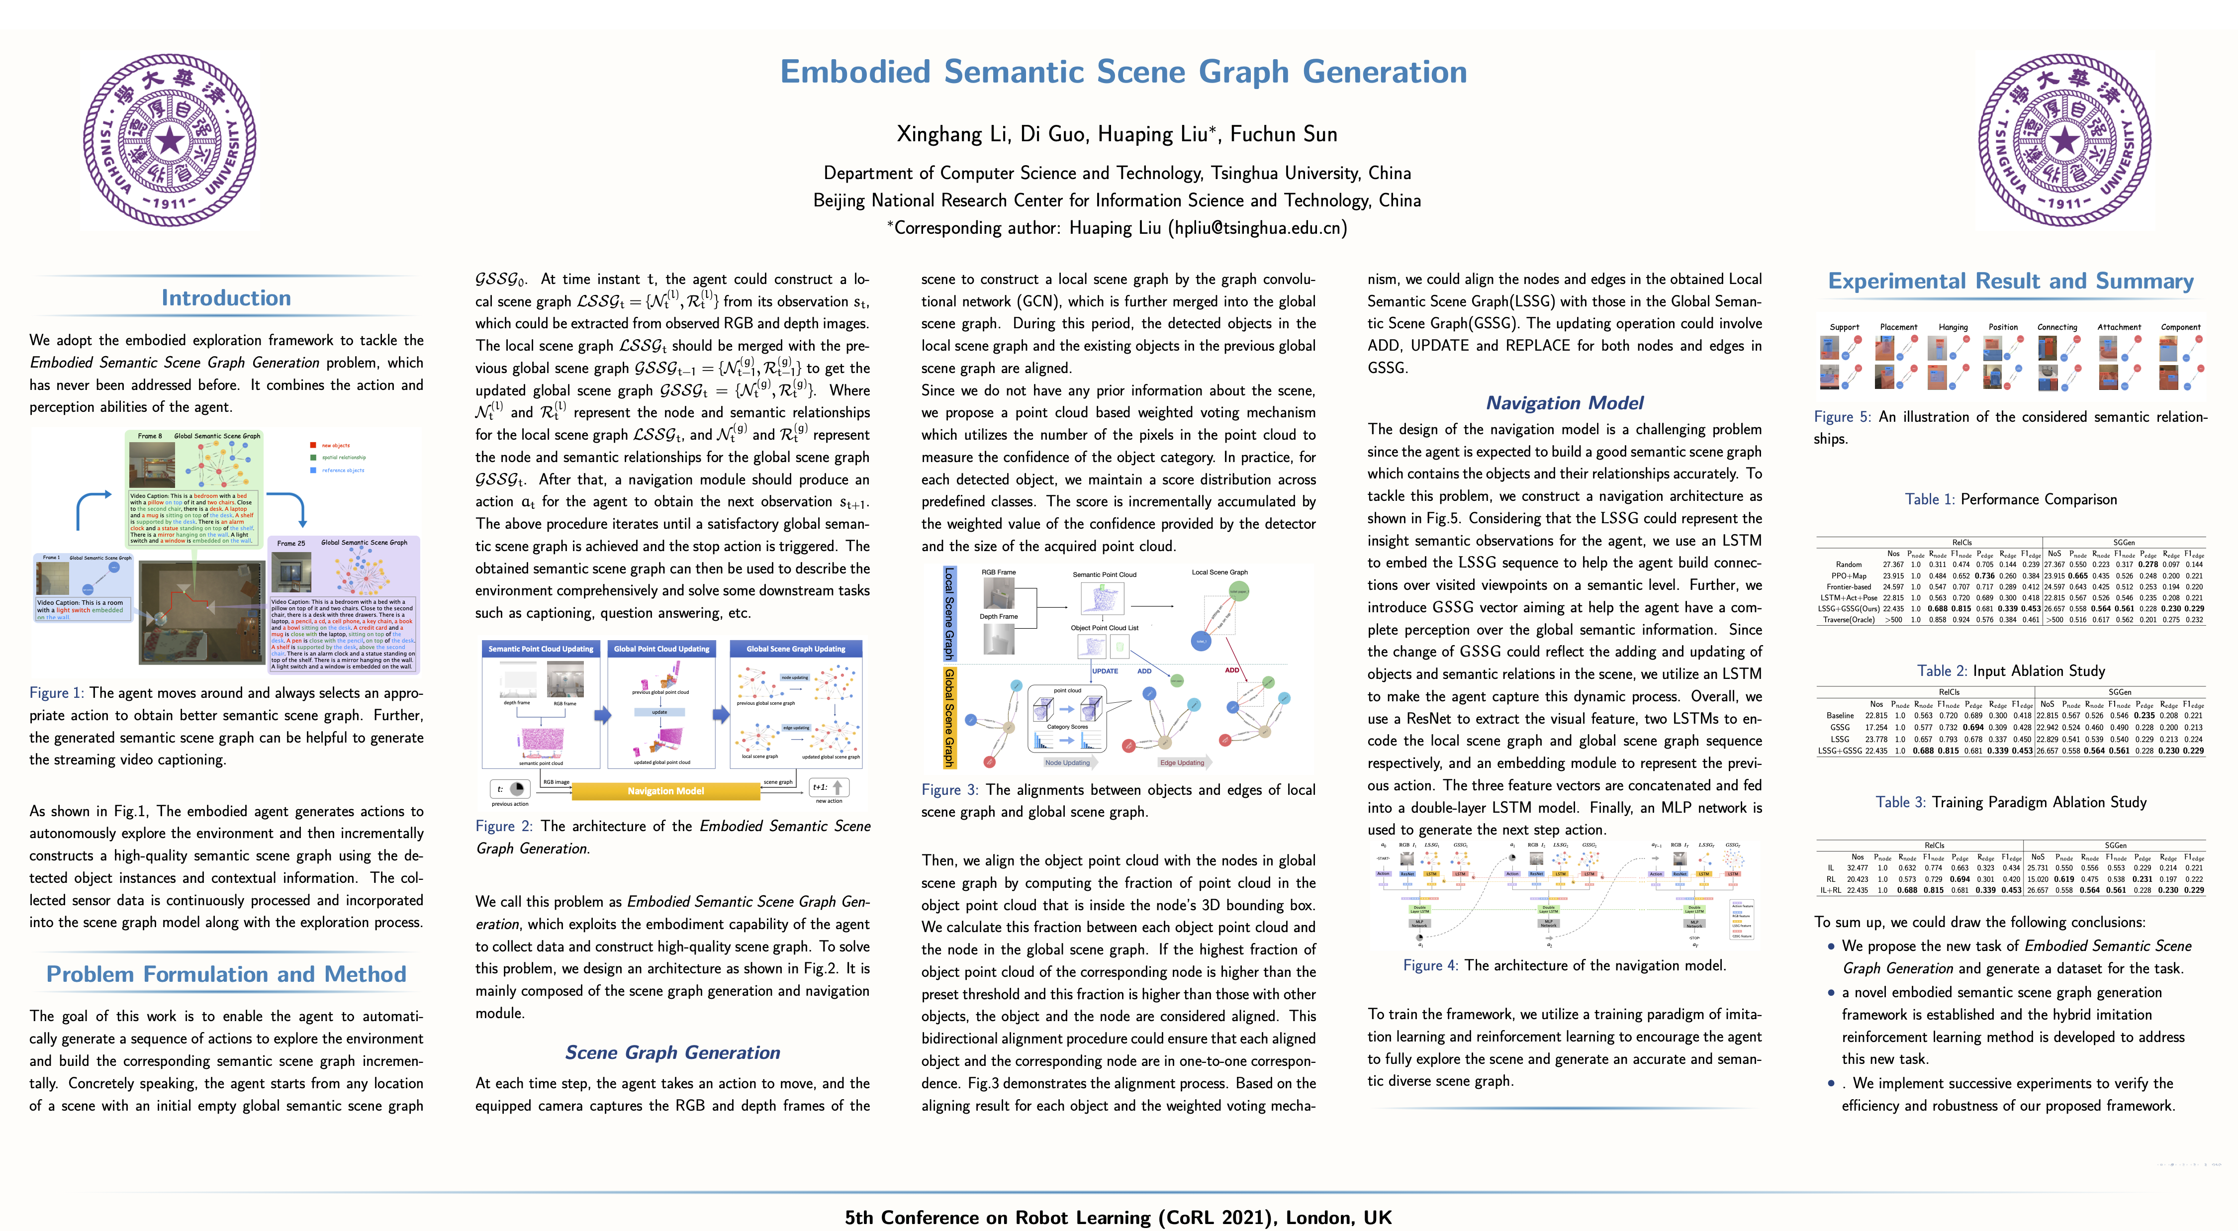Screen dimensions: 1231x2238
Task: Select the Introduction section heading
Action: pos(226,298)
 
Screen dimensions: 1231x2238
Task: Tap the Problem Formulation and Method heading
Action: pos(226,974)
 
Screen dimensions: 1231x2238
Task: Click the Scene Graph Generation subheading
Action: pos(672,1052)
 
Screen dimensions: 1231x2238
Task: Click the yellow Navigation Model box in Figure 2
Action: pos(665,790)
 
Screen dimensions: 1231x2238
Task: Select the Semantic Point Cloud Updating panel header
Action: pos(541,649)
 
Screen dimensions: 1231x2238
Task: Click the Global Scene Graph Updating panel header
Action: pos(795,649)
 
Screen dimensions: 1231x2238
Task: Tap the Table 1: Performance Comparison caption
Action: pos(2010,499)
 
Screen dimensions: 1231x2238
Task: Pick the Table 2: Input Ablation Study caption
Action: pos(2010,670)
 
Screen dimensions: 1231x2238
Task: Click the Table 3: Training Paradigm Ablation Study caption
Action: pos(2010,802)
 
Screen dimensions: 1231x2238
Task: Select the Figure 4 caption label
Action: pos(1430,965)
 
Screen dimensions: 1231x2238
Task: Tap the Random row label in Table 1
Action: pos(1848,565)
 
